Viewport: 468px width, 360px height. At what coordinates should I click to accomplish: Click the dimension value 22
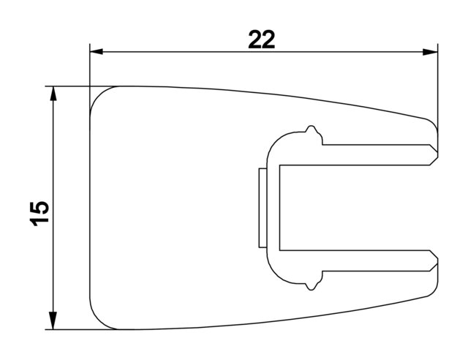click(261, 40)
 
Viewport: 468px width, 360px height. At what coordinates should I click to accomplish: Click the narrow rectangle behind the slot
click(262, 208)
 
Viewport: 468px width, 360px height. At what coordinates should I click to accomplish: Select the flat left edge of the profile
click(89, 208)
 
